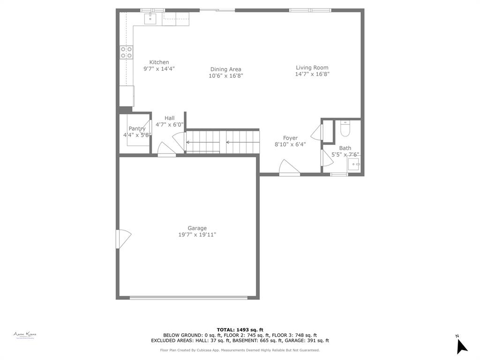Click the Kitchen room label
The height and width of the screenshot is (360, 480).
pos(159,62)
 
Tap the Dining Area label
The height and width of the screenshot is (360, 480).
pos(225,69)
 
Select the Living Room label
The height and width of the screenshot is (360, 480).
pos(312,67)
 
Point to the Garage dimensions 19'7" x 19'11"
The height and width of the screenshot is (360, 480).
pos(197,235)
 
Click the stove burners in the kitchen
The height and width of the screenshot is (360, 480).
pos(126,52)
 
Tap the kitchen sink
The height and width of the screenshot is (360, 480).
pos(150,19)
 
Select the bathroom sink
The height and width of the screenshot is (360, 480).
pos(353,165)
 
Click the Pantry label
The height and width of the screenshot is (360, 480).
pos(137,128)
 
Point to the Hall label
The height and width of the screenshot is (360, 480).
pos(169,118)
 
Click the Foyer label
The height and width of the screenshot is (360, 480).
pos(290,138)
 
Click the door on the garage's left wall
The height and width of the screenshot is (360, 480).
pos(123,239)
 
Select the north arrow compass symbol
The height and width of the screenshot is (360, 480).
pos(461,345)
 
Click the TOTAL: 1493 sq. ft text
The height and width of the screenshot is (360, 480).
pos(240,330)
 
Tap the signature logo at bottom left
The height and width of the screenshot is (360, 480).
pos(25,335)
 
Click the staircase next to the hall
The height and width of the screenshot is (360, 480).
pos(223,142)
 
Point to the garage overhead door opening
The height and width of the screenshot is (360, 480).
pos(188,297)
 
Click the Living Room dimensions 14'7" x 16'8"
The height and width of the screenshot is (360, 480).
pos(312,74)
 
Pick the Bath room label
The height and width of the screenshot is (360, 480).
pos(345,148)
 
